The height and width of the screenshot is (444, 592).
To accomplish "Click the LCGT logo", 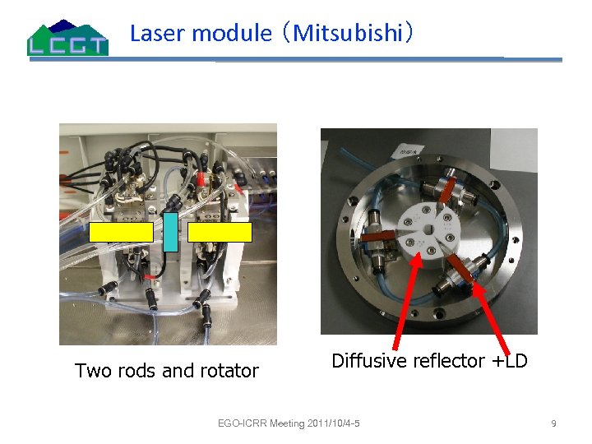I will tap(67, 38).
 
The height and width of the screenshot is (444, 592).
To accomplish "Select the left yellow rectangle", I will tap(122, 233).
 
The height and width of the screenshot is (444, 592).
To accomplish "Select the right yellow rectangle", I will tap(220, 233).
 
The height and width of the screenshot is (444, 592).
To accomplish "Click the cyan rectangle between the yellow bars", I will tap(170, 232).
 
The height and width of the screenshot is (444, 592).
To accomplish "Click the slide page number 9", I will tap(553, 423).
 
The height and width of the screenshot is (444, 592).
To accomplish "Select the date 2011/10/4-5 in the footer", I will tap(335, 423).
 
